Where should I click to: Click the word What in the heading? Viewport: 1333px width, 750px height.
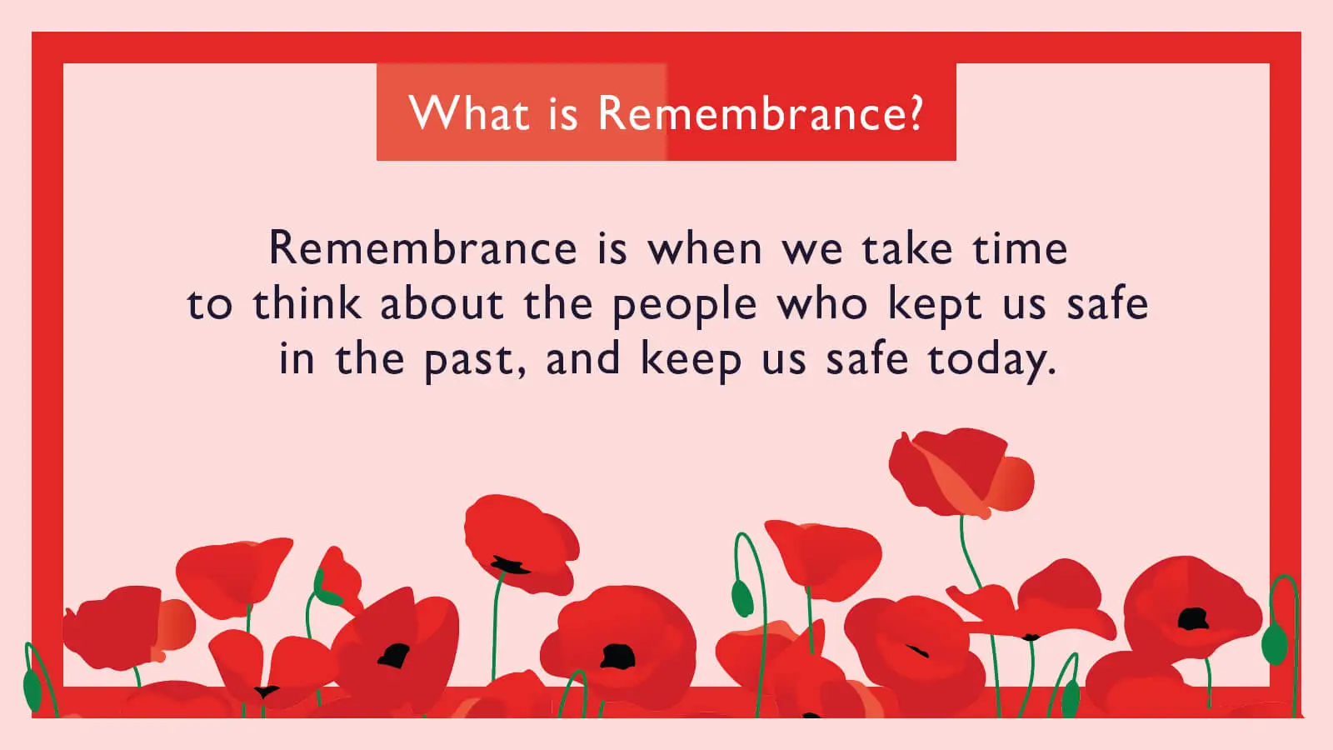click(x=468, y=113)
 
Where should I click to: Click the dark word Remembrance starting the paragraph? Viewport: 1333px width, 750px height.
click(x=422, y=248)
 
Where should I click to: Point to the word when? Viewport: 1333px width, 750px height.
click(x=705, y=248)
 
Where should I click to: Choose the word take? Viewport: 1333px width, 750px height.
click(x=906, y=248)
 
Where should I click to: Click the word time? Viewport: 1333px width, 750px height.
click(x=1020, y=248)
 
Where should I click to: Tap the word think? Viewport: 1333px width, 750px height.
click(x=307, y=303)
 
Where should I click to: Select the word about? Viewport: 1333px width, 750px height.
click(x=442, y=303)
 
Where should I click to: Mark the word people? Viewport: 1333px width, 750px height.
click(x=684, y=305)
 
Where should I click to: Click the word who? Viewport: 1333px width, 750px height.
click(x=822, y=303)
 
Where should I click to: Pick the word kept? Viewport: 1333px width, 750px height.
click(x=935, y=305)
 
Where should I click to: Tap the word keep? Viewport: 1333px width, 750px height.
click(x=691, y=361)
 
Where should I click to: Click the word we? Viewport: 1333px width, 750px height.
click(x=811, y=250)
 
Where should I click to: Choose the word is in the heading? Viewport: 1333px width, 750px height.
click(x=562, y=113)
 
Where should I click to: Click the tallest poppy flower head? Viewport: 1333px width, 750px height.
click(x=958, y=472)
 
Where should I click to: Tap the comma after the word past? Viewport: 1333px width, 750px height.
click(x=522, y=372)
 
